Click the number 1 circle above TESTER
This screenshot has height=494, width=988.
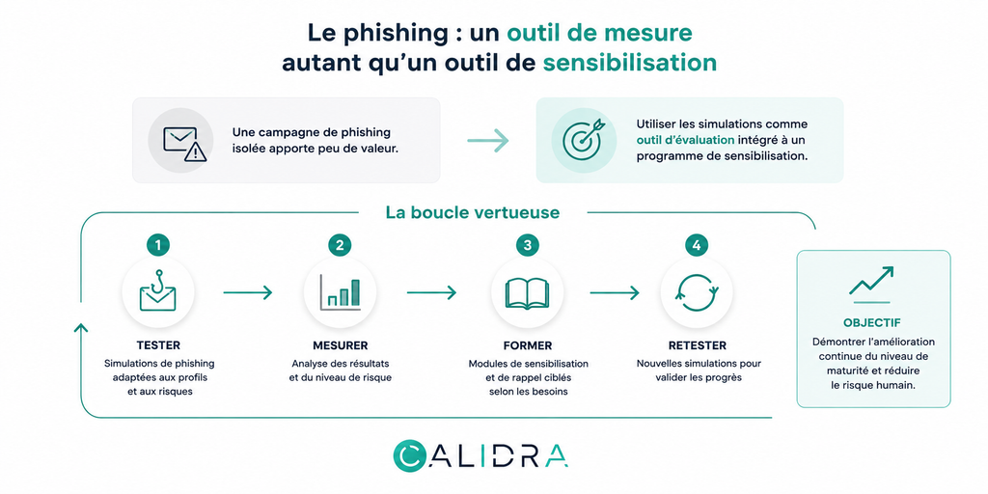(157, 246)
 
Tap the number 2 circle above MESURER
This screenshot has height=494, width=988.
(340, 246)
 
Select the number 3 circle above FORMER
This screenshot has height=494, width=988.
(528, 246)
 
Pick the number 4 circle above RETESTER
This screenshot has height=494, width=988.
(697, 246)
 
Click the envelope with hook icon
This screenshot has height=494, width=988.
(157, 291)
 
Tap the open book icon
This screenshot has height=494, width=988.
(528, 293)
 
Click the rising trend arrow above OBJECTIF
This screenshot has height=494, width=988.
(871, 282)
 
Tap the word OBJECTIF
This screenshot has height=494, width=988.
(872, 322)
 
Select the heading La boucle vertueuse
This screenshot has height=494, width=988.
(473, 212)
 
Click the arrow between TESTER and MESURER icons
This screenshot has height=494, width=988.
(248, 292)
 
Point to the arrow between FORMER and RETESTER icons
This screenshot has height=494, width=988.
(615, 292)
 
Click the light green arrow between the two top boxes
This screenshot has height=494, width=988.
(487, 141)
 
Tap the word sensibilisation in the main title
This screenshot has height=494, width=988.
(629, 63)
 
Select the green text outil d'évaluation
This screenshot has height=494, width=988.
(685, 140)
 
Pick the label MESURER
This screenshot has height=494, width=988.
(341, 345)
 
